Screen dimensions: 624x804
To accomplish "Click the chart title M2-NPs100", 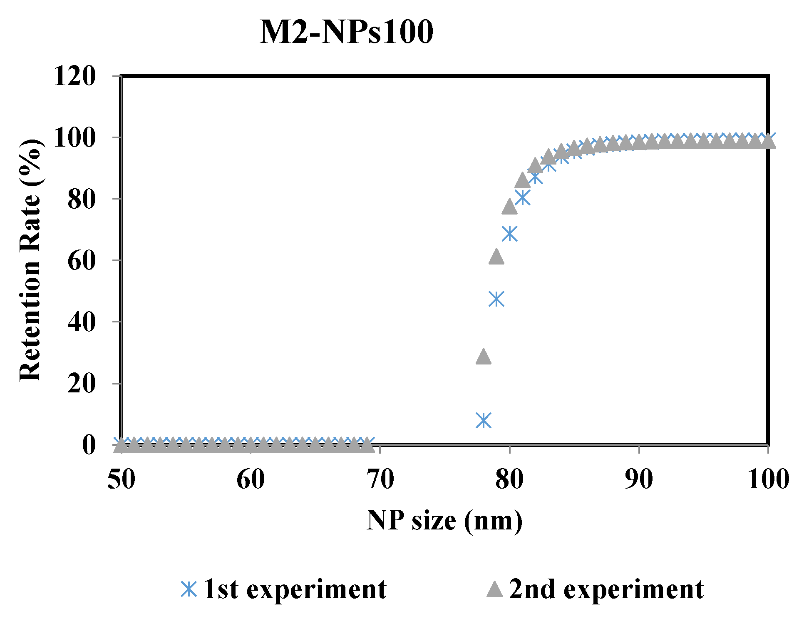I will coord(346,32).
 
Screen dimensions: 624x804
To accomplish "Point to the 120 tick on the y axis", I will coord(74,76).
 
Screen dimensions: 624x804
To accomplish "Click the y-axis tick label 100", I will coord(74,138).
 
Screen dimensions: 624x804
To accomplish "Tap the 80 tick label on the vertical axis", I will coord(81,200).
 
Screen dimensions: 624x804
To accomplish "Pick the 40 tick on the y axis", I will coord(81,322).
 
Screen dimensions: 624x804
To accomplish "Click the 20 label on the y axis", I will coord(81,384).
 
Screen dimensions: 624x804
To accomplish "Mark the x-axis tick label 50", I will coord(121,479).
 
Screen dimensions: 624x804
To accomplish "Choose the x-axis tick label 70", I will coord(380,479).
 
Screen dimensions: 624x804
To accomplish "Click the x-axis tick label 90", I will coord(639,479).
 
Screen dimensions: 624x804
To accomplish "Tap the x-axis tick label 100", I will coord(768,479).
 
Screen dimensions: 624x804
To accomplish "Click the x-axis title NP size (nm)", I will coord(444,521).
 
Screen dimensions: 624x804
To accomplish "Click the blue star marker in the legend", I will coord(189,589).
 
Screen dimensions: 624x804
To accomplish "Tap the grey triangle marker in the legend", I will coord(494,589).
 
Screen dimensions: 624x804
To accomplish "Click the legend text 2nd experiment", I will coord(606,589).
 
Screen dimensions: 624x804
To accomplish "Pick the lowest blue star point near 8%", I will coord(484,420).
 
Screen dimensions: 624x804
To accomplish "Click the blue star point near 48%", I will coord(496,299).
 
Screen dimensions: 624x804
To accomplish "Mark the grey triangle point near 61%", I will coord(496,257).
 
